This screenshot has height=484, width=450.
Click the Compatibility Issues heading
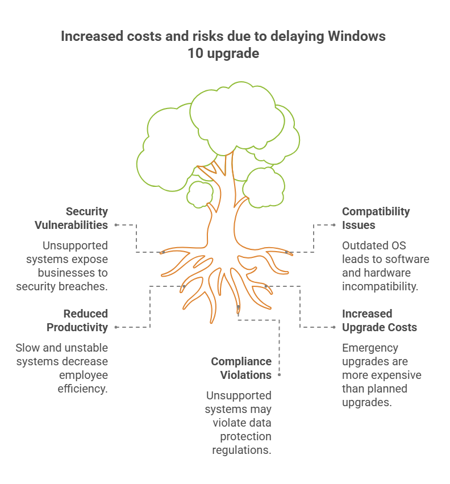click(376, 218)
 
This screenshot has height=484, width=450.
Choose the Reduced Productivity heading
click(77, 320)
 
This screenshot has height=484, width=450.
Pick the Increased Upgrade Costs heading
click(379, 320)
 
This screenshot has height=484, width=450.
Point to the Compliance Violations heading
click(241, 368)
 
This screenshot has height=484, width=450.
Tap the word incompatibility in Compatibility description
click(380, 287)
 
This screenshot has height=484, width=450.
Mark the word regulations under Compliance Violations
click(241, 450)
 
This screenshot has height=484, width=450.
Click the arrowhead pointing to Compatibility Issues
click(334, 225)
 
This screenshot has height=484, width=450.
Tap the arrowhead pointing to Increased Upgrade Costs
click(334, 327)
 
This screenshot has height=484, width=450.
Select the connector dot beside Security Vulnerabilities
click(116, 225)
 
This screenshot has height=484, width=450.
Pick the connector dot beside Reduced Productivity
click(116, 327)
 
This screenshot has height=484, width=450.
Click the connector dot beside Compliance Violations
click(280, 375)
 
